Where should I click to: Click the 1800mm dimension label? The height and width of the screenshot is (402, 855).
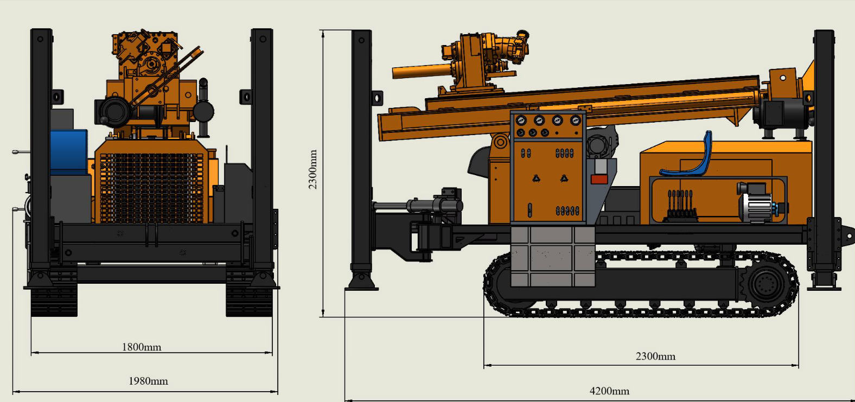142,347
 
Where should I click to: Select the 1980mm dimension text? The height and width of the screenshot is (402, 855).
148,381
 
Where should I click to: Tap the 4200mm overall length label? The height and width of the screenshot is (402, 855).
610,391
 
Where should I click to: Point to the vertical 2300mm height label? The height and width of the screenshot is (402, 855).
313,169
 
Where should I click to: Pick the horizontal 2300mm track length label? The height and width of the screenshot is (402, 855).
655,356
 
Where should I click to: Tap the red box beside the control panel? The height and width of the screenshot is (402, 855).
599,179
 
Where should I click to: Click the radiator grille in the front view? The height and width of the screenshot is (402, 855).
151,188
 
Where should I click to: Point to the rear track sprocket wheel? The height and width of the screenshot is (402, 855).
766,284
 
